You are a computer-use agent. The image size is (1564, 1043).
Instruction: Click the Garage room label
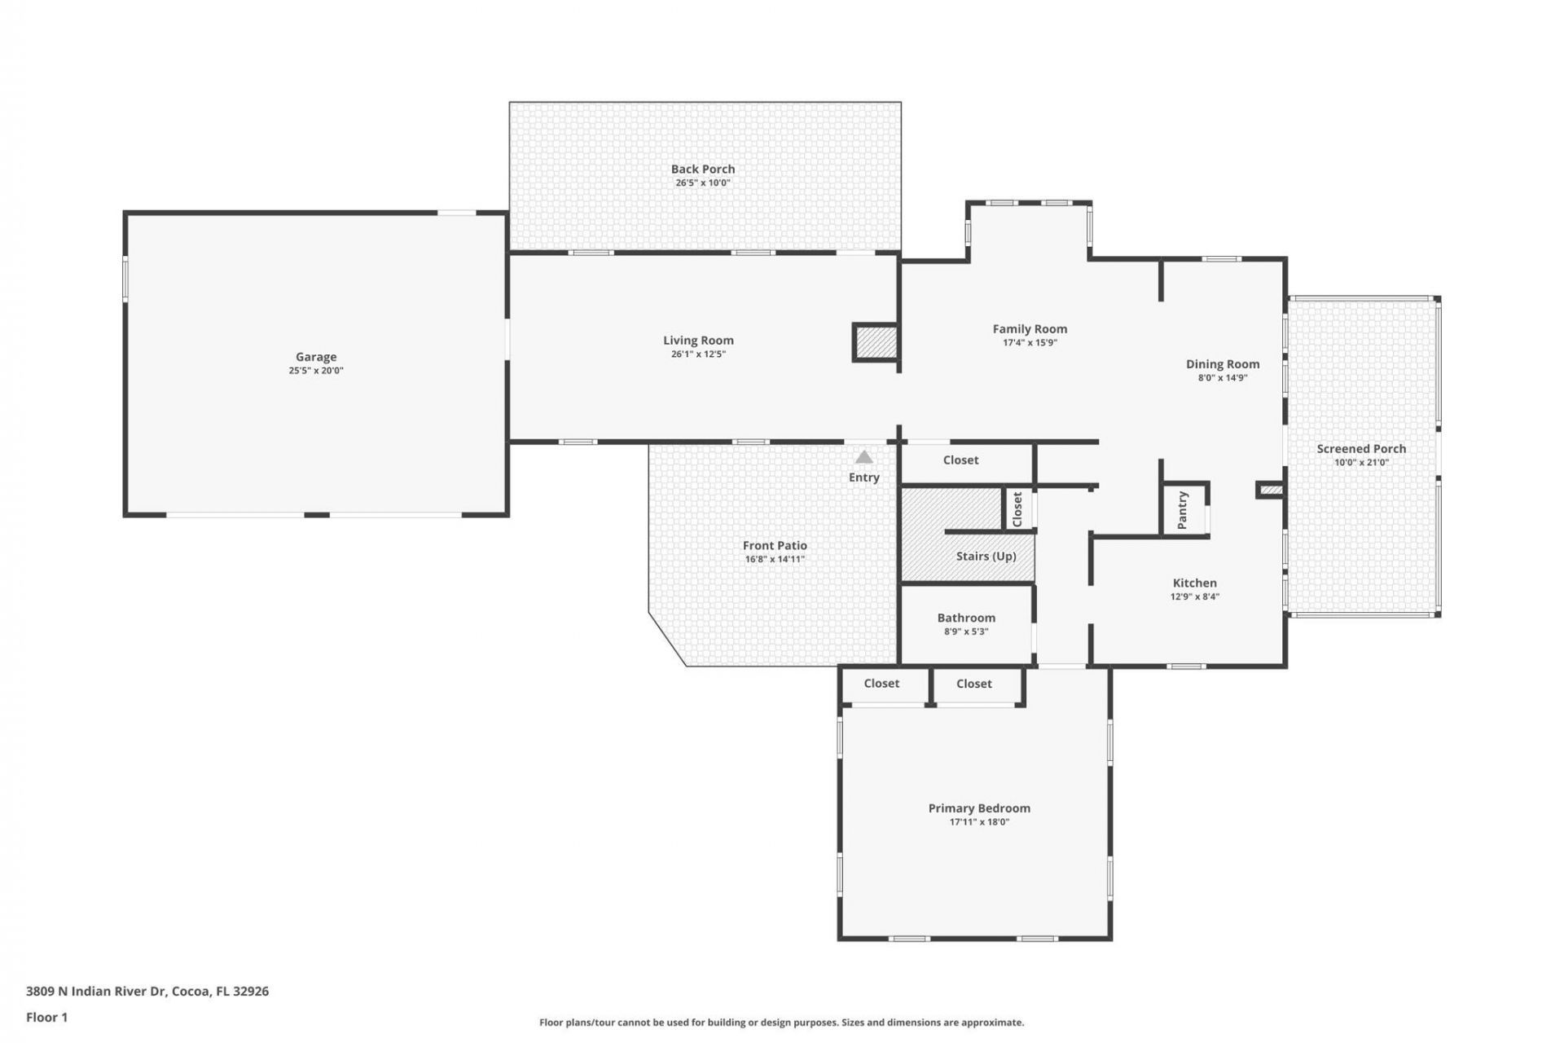(x=315, y=357)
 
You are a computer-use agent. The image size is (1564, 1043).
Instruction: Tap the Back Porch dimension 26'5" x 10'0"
(x=702, y=183)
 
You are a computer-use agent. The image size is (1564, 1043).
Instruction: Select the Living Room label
(x=698, y=341)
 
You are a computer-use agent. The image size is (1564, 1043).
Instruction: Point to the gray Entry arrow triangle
(x=864, y=458)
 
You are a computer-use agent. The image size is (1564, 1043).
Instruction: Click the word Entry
(x=863, y=477)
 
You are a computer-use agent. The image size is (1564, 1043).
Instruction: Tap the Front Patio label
(x=775, y=546)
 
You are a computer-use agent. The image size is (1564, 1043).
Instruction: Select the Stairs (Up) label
(x=986, y=557)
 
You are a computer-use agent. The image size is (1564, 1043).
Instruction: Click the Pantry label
(x=1183, y=509)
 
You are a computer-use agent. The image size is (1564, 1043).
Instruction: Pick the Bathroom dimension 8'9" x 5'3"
(x=966, y=632)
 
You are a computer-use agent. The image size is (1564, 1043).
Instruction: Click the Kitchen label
(x=1194, y=583)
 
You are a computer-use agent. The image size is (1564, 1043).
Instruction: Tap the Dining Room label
(x=1222, y=364)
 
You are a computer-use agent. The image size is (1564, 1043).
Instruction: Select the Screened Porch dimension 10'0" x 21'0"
(x=1361, y=463)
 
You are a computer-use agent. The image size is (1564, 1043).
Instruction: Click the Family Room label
(x=1030, y=329)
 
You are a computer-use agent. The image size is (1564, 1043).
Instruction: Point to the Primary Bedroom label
(x=979, y=808)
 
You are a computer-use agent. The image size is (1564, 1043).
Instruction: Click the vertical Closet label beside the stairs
(x=1017, y=509)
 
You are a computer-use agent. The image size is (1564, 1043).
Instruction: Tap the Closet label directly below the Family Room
(x=960, y=460)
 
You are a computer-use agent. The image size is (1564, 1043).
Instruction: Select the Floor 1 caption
(x=46, y=1017)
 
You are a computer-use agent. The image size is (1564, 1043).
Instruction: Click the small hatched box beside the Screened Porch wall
(x=1270, y=490)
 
